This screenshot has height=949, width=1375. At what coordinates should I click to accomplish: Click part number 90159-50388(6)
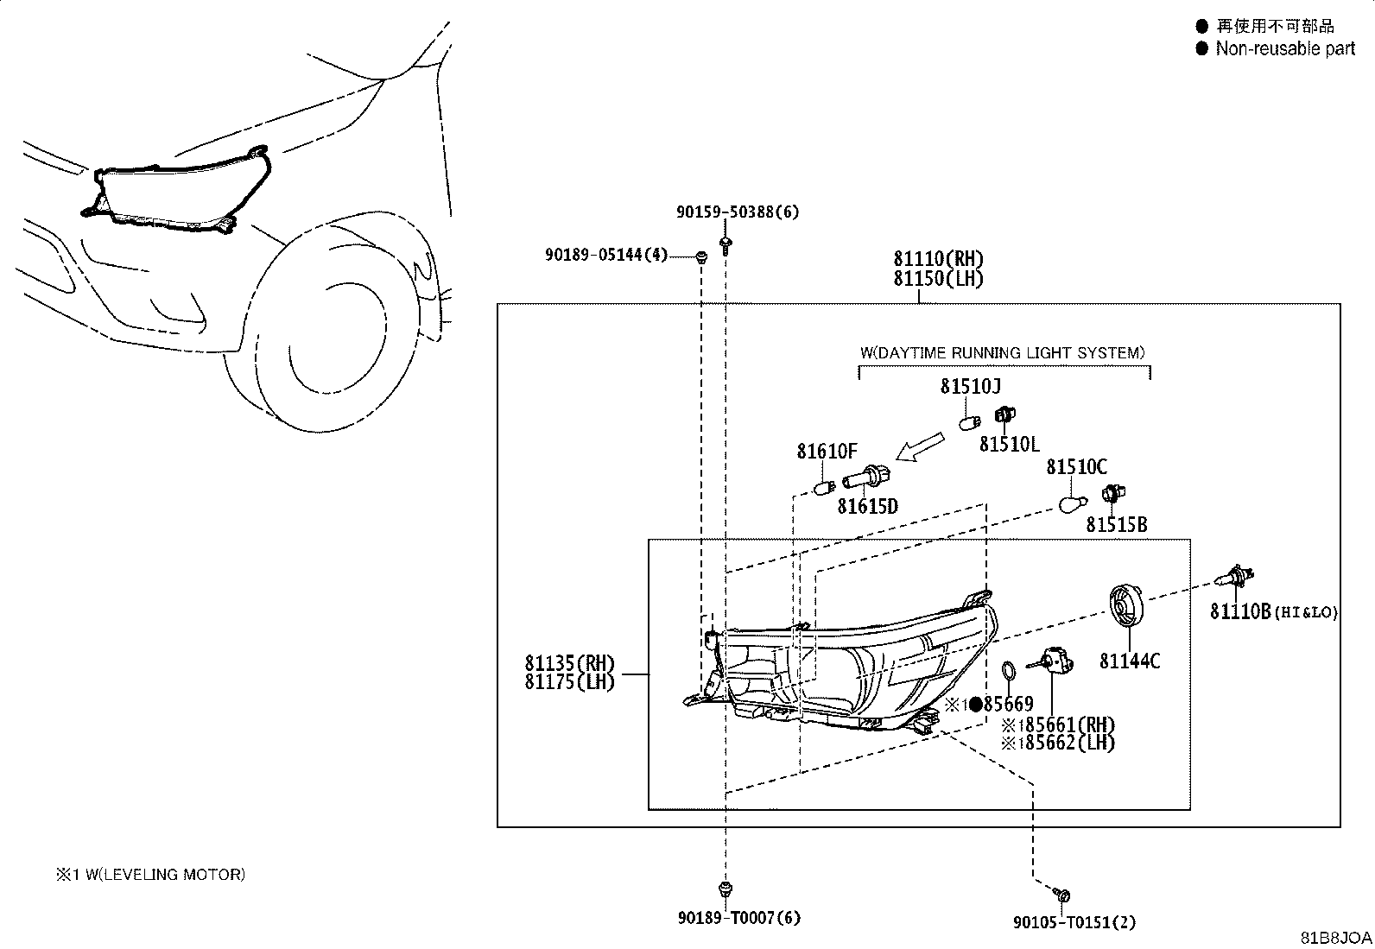coord(738,212)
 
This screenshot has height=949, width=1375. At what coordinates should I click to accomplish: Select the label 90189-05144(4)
coord(605,254)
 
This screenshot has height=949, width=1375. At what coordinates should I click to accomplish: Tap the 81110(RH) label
coord(938,258)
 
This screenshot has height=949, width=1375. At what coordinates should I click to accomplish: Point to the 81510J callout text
coord(971,386)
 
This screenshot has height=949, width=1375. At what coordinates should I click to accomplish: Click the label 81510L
coord(1009,444)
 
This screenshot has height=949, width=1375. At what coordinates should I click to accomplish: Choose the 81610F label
coord(827,451)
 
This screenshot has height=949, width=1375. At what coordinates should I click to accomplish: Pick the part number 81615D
coord(867,506)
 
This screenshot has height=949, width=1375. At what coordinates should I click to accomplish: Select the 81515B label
coord(1117,524)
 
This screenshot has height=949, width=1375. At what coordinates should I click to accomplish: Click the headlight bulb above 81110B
coord(1235,577)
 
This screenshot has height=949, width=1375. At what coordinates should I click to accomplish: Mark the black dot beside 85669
coord(975,704)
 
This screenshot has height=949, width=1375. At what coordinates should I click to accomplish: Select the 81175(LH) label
coord(570,682)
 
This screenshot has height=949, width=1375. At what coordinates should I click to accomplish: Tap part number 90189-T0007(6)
coord(739,918)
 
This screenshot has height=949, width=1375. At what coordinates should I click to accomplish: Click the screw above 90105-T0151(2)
coord(1061,895)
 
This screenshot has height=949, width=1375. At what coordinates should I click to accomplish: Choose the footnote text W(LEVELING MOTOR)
coord(165,874)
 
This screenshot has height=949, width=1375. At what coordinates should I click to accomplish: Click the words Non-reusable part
coord(1285,48)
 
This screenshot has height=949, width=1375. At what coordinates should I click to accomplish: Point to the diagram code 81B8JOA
coord(1336,938)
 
